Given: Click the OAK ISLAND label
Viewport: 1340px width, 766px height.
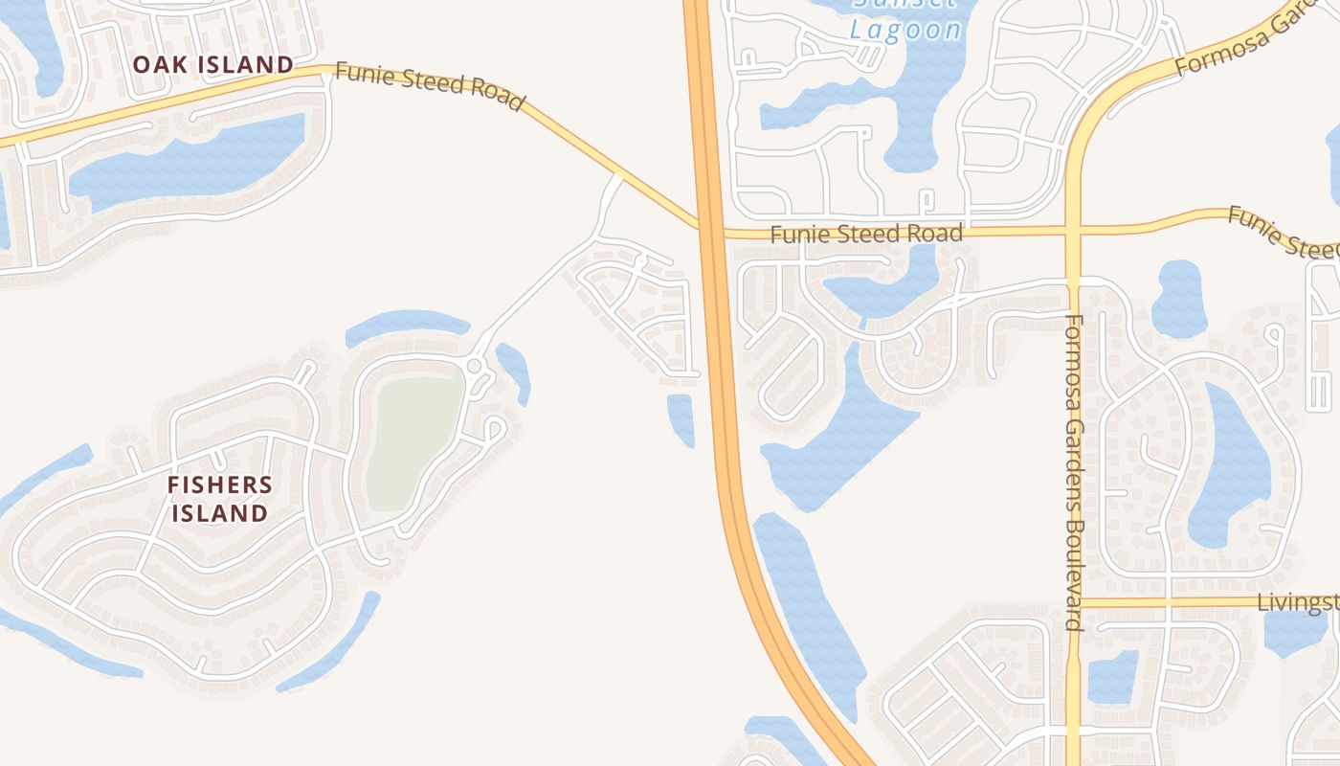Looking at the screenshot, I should pyautogui.click(x=212, y=65).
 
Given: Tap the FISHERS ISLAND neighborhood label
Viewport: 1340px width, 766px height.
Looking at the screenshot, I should pyautogui.click(x=220, y=499).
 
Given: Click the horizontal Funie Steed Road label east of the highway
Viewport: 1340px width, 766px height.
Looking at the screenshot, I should pyautogui.click(x=866, y=234).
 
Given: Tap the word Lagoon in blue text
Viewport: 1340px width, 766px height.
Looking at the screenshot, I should pyautogui.click(x=905, y=30).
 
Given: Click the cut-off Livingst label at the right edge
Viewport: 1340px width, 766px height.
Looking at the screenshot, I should pyautogui.click(x=1298, y=602).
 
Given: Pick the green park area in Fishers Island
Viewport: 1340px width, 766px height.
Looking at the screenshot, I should pyautogui.click(x=413, y=440).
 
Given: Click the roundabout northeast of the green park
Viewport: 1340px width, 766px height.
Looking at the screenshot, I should pyautogui.click(x=474, y=366).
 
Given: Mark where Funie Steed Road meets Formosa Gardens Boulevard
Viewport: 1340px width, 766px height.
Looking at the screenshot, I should pyautogui.click(x=1072, y=231).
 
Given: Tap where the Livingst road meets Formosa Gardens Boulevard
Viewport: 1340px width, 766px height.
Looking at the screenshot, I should pyautogui.click(x=1074, y=602).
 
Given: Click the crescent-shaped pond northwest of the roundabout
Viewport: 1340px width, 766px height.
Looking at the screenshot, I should pyautogui.click(x=407, y=323).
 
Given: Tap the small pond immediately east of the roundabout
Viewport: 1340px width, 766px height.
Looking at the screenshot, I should pyautogui.click(x=514, y=369).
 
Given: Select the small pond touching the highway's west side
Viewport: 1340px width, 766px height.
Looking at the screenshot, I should pyautogui.click(x=681, y=417).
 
